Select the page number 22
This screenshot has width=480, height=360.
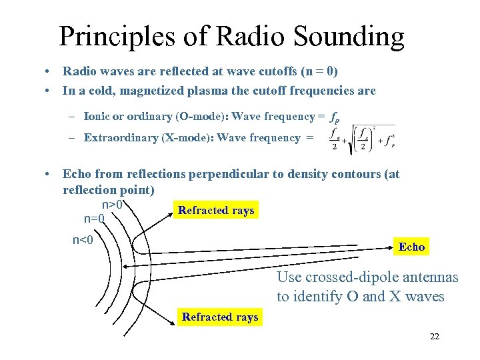435,337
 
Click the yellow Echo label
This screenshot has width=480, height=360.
411,247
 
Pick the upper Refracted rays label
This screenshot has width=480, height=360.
216,211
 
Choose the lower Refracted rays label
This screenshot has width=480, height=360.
220,317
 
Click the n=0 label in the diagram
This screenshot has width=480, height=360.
93,218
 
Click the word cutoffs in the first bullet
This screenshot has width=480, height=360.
267,71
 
